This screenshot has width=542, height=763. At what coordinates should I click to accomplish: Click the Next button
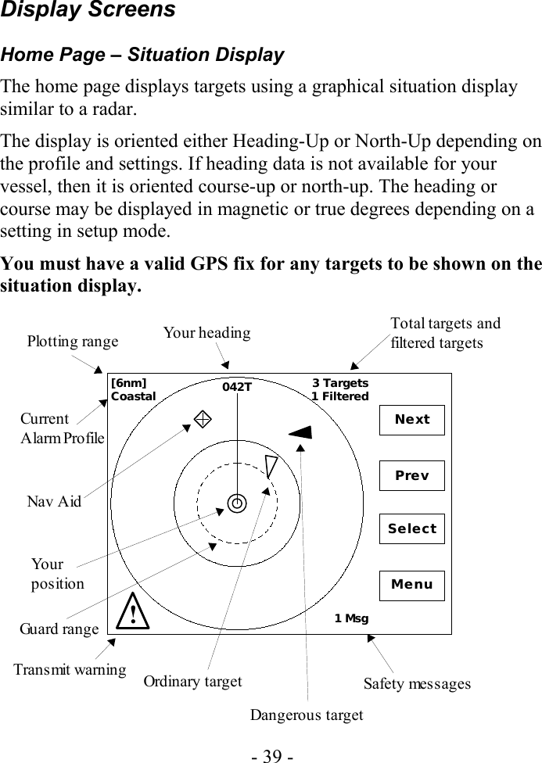[x=411, y=420]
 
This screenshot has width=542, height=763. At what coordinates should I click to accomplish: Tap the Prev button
[x=411, y=475]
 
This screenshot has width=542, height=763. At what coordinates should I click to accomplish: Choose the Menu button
[x=411, y=585]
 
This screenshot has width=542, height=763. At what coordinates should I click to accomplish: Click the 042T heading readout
[x=237, y=387]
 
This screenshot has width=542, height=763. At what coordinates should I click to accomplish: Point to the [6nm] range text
[x=129, y=383]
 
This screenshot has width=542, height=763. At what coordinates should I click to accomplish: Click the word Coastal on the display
[x=134, y=396]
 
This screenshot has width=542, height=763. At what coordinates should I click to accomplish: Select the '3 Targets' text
[x=340, y=383]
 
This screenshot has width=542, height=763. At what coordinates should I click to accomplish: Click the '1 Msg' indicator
[x=351, y=618]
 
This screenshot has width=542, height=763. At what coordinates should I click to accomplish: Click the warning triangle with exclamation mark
[x=135, y=611]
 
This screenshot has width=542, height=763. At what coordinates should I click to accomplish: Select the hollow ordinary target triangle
[x=271, y=466]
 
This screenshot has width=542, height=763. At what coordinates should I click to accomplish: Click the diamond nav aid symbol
[x=201, y=417]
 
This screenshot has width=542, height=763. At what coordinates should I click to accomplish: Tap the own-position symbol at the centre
[x=237, y=504]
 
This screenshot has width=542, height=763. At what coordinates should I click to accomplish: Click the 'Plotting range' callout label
[x=73, y=341]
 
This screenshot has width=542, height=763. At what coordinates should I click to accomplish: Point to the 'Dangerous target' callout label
[x=307, y=715]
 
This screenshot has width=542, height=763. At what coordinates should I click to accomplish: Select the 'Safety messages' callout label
[x=418, y=684]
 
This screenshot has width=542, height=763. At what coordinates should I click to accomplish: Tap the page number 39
[x=271, y=755]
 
